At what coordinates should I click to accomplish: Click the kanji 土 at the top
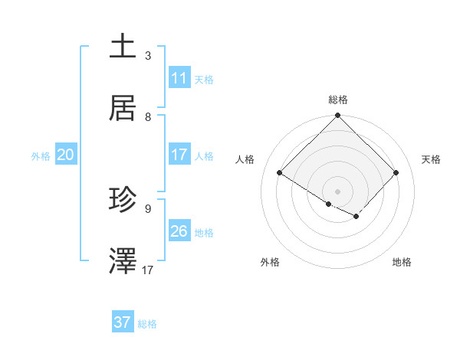(123, 46)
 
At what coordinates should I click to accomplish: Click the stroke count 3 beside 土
(148, 56)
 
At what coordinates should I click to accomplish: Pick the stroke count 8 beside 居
(148, 117)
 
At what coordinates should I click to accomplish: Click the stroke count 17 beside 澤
(148, 270)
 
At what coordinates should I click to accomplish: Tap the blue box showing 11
(179, 78)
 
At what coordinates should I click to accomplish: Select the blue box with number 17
(179, 155)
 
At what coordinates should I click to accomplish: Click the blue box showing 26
(179, 231)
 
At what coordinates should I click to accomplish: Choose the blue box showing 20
(66, 155)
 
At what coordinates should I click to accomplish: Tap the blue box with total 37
(123, 322)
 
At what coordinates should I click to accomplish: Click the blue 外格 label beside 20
(41, 156)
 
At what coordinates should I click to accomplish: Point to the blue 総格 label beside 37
(147, 324)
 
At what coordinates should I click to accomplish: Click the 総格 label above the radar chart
(338, 100)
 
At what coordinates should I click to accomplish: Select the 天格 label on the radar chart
(431, 159)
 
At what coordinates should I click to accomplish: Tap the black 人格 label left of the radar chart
(245, 159)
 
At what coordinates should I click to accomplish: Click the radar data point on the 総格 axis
(338, 116)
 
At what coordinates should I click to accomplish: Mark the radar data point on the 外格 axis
(329, 204)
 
